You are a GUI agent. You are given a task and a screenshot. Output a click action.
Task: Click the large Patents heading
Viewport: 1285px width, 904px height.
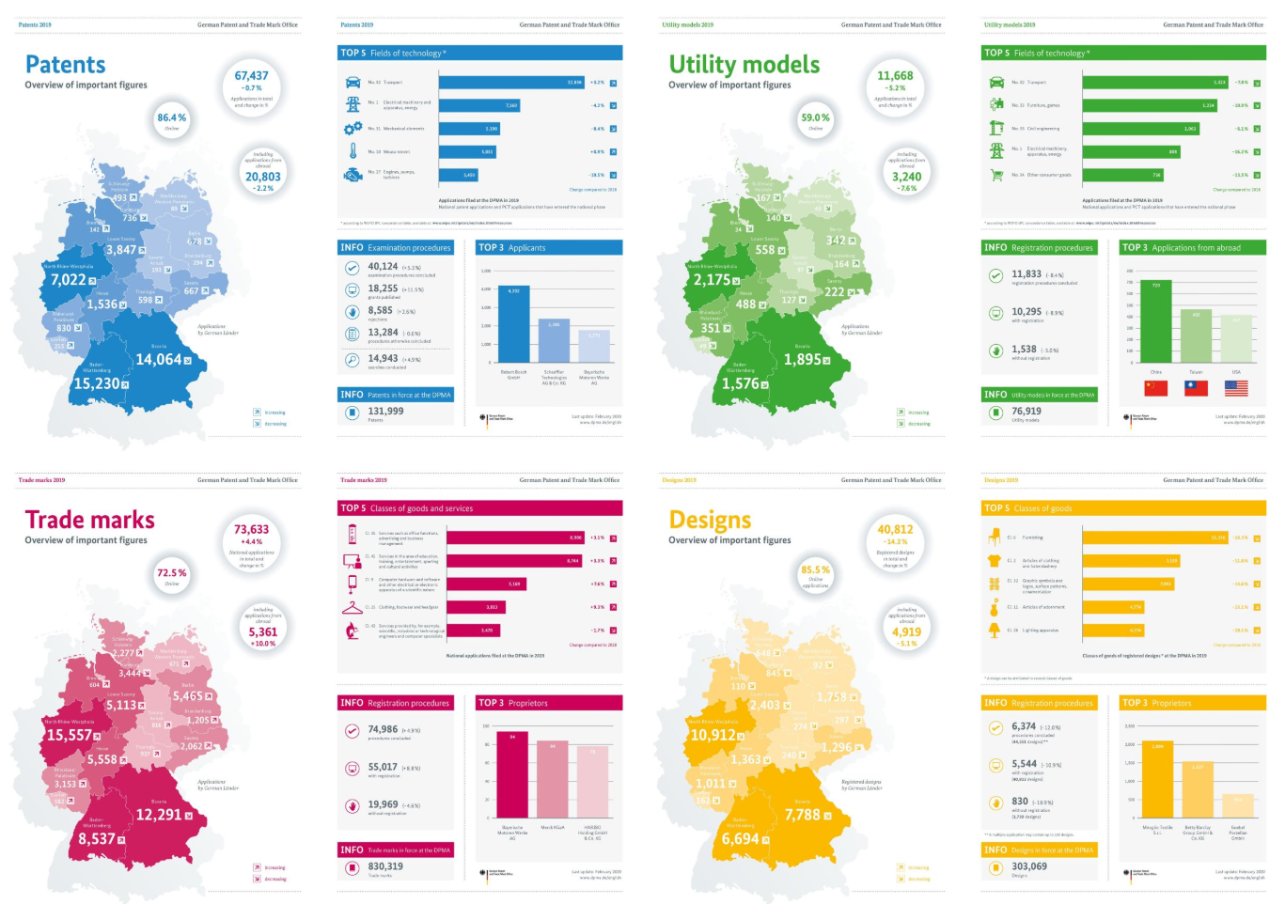65,65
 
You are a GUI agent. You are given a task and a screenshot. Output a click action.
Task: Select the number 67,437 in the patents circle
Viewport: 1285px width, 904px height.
251,76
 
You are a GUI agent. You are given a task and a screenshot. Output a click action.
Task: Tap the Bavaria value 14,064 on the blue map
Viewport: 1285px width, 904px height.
158,360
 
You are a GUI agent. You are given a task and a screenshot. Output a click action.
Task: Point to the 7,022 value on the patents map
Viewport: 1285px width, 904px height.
68,280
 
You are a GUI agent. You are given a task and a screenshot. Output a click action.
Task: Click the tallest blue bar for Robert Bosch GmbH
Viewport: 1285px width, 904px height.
513,324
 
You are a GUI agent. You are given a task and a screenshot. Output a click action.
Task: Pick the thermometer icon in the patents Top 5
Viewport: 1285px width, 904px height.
353,151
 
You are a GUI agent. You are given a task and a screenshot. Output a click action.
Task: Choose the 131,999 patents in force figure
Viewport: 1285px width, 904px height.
385,411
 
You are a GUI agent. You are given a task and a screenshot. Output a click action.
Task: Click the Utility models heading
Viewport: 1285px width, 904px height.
744,65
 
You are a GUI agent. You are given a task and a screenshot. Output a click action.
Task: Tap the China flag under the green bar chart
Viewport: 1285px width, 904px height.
1155,388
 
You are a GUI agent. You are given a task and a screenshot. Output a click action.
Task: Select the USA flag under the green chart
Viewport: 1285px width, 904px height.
1236,388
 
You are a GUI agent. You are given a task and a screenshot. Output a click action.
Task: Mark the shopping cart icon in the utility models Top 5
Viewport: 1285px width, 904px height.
996,175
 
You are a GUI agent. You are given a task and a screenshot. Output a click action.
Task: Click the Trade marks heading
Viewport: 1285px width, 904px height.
89,520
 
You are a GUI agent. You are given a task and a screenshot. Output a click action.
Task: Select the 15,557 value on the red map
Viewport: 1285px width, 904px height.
70,736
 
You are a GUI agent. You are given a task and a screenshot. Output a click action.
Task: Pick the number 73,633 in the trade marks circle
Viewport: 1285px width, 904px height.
251,530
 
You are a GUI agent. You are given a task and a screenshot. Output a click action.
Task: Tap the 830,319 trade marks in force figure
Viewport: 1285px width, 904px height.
385,866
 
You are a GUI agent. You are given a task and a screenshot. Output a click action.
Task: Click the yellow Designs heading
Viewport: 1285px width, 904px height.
710,520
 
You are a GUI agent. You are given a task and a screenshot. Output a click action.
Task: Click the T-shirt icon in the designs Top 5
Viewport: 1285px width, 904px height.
995,561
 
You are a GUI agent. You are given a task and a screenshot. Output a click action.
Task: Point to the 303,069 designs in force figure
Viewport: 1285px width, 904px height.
1029,866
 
